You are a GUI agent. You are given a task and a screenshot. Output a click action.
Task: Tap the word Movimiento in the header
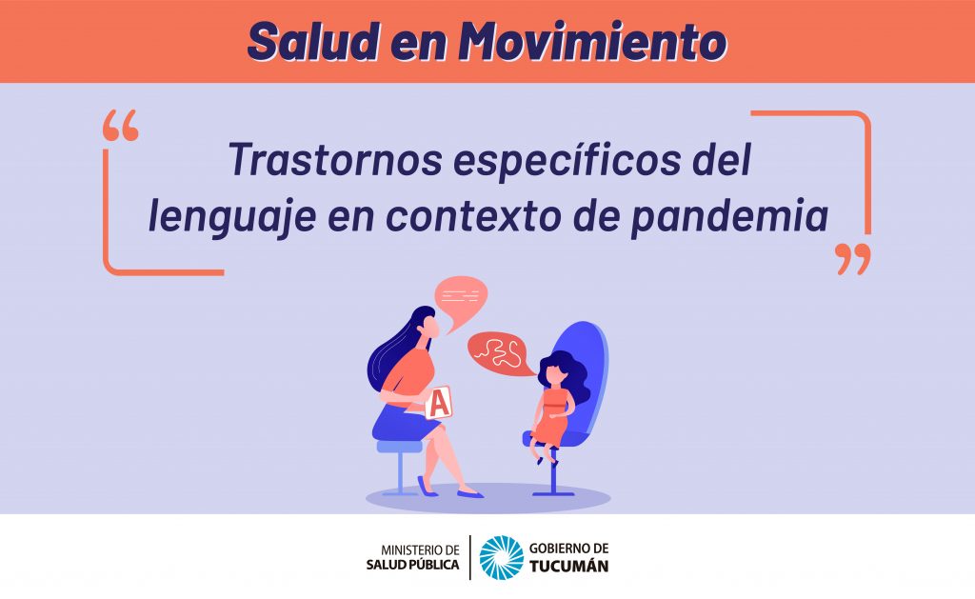point(592,41)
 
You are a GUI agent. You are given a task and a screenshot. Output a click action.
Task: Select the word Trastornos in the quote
point(335,160)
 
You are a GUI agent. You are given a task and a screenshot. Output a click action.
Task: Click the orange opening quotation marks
point(121,126)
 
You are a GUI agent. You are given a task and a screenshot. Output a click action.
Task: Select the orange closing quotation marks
point(852,259)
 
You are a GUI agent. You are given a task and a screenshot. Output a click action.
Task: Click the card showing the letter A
point(439,403)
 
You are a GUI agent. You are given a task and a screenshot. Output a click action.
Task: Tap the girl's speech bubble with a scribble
point(500,353)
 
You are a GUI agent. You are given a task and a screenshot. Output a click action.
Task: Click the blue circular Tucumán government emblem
point(501,557)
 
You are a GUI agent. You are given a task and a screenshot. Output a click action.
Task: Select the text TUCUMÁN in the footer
point(569,566)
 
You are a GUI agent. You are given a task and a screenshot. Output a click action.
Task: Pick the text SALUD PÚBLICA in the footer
point(412,565)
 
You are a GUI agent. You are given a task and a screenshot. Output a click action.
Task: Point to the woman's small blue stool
point(399,467)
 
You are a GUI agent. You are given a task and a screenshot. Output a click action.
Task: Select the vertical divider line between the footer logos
point(470,557)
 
